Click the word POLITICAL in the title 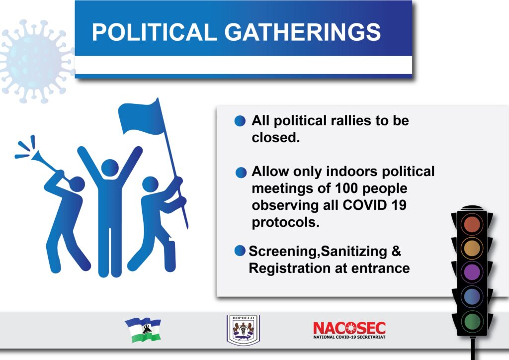click(x=154, y=32)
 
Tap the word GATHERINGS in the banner click(x=303, y=32)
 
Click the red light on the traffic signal click(x=472, y=224)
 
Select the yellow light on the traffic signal click(x=472, y=248)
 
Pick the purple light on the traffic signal click(x=472, y=272)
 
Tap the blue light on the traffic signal click(x=472, y=296)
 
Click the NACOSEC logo click(x=349, y=330)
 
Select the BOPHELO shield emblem click(x=243, y=330)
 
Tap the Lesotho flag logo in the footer click(x=143, y=330)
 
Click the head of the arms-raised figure click(x=110, y=168)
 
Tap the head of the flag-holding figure click(x=150, y=184)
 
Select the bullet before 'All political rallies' click(x=240, y=121)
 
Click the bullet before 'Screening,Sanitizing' click(x=240, y=251)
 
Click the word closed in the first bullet click(x=275, y=138)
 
